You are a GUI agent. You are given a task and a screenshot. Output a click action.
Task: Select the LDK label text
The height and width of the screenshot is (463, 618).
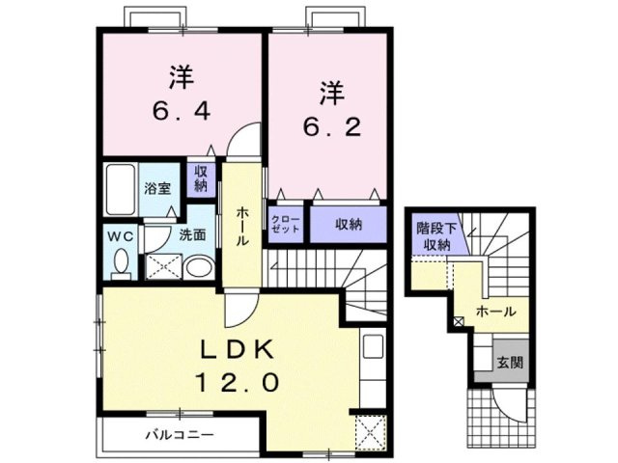239,348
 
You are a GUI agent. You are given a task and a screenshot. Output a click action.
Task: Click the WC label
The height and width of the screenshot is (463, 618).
118,234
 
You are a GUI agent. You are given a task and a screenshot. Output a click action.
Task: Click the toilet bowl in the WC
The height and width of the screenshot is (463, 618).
120,262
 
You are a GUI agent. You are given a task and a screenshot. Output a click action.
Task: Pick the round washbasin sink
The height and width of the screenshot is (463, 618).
197,267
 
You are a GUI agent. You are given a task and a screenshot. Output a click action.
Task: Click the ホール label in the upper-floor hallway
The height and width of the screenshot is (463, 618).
242,225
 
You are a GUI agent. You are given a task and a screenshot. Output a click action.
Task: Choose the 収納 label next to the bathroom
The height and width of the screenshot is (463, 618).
201,177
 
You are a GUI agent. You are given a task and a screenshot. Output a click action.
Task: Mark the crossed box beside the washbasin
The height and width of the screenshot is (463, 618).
160,266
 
